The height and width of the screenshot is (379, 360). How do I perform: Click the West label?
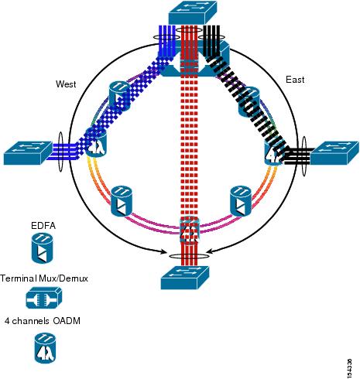click(66, 84)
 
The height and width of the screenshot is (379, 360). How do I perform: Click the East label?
click(295, 80)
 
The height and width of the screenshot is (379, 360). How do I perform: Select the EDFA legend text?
click(43, 226)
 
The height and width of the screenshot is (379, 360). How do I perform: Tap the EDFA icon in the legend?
click(43, 248)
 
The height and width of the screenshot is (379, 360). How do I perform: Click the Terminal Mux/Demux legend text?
click(44, 278)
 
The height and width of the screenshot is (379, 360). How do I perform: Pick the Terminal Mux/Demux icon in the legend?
click(44, 298)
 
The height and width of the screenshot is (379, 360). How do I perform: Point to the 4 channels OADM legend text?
click(43, 321)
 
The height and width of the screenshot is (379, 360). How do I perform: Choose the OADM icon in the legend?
click(45, 348)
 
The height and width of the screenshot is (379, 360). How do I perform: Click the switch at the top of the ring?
click(193, 12)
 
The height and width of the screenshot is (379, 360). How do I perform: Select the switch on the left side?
click(28, 153)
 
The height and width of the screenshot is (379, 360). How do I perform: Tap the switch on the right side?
click(334, 153)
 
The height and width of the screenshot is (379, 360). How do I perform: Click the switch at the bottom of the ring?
click(185, 278)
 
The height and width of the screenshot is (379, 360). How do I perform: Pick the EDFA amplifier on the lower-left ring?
click(122, 201)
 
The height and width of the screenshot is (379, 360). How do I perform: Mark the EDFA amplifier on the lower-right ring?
click(241, 201)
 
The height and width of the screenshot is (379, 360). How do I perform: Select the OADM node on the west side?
click(95, 142)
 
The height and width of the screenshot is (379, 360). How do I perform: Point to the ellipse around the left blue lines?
click(60, 152)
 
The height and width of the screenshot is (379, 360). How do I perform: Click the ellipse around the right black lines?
click(304, 156)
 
